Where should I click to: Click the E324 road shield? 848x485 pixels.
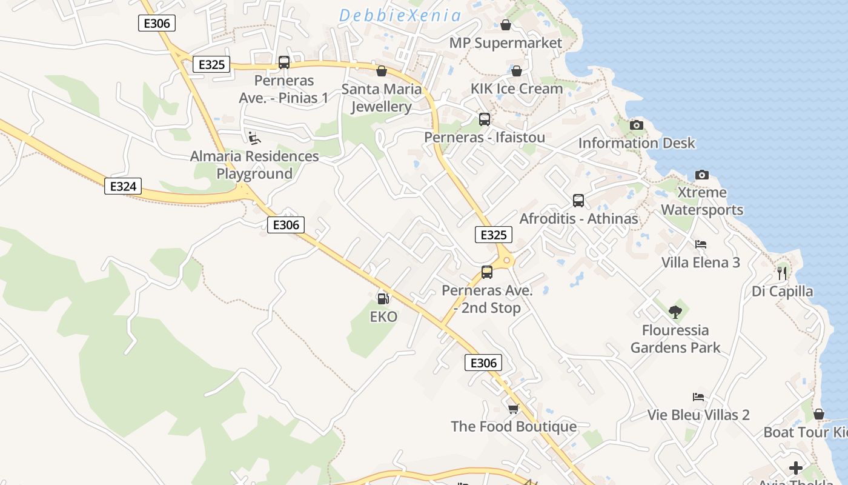coord(123,186)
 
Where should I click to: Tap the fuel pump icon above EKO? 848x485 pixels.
coord(383,298)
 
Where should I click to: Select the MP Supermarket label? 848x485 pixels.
coord(506,43)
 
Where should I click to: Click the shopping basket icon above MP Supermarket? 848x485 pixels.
coord(506,25)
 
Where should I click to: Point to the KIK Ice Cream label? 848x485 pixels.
coord(517,89)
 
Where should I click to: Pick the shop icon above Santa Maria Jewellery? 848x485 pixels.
coord(382,71)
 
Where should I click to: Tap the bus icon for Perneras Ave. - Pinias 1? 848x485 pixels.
coord(283,62)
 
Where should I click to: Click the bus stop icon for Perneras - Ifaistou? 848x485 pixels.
coord(485,119)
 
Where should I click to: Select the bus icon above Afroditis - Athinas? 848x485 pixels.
coord(578,200)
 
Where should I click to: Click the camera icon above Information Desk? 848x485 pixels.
coord(637,125)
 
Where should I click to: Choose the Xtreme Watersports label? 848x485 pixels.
coord(702,201)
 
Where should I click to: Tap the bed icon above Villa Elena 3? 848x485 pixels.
coord(701,244)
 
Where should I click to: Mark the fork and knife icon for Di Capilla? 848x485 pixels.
coord(782,273)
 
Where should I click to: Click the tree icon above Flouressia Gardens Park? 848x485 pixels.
coord(675,312)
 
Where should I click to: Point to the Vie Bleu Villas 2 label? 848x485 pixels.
coord(698,415)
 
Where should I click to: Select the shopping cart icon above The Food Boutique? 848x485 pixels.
coord(514,409)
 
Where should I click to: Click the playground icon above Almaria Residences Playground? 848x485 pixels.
coord(255,138)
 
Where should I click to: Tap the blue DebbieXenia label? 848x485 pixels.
coord(400,16)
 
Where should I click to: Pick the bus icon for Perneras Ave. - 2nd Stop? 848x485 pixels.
coord(487,272)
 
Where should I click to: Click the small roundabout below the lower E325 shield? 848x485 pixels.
coord(506,260)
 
